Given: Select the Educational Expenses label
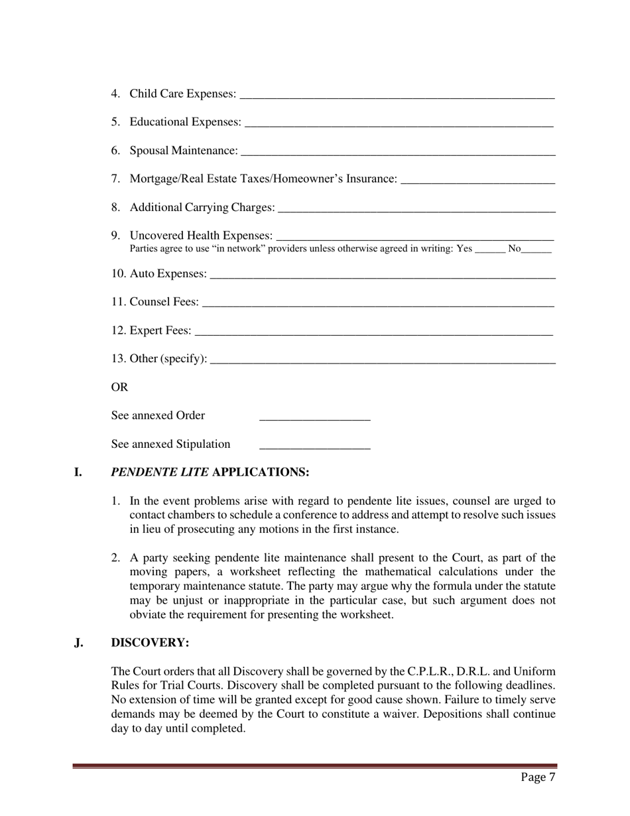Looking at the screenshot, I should click(185, 122).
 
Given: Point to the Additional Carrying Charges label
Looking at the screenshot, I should click(202, 208).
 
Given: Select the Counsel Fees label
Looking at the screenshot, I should click(164, 302).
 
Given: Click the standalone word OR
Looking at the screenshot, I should click(119, 387).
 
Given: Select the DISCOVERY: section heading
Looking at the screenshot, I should click(151, 643).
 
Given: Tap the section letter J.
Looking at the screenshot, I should click(79, 643).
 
